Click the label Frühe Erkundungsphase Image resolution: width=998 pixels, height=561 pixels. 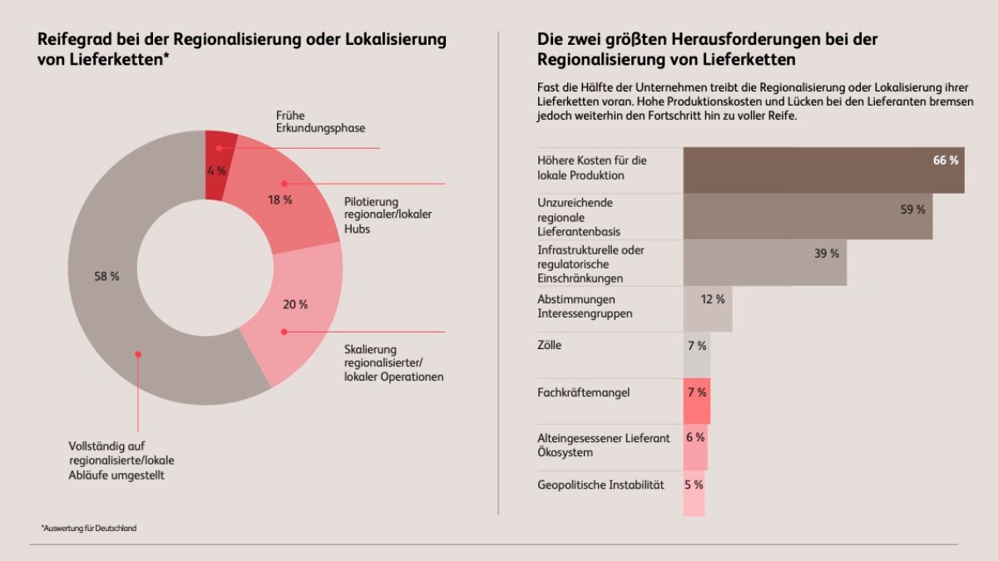click(x=320, y=121)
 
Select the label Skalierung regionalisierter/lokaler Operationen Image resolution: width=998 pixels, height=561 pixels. click(x=393, y=362)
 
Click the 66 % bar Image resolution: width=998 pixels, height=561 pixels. click(x=823, y=170)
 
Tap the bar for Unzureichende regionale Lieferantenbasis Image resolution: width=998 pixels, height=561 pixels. click(x=807, y=216)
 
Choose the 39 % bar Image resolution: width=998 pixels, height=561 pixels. click(x=764, y=263)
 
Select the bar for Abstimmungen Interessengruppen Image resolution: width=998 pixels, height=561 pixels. click(x=708, y=308)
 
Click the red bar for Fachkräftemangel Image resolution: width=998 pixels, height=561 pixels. click(x=697, y=401)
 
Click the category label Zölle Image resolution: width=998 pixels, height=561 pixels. click(x=550, y=345)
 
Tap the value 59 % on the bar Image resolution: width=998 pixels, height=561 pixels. click(x=912, y=209)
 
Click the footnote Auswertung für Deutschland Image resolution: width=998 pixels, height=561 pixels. click(x=88, y=528)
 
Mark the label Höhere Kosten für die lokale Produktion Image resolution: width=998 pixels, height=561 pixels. click(x=592, y=168)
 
